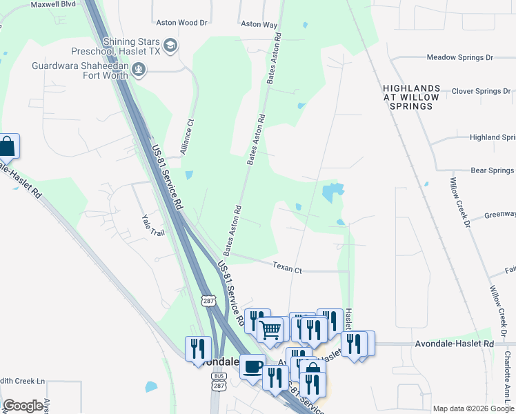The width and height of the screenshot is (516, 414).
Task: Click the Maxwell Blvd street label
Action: coord(52,3)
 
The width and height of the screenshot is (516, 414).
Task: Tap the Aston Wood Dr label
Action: coord(182,23)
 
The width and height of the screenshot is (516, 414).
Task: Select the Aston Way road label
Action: coord(259,24)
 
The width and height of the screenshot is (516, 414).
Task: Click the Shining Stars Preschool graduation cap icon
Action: coord(171,46)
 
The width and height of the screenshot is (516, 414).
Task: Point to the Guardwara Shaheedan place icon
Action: coord(139,68)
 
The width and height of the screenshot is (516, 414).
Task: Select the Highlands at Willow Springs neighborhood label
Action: coord(411,97)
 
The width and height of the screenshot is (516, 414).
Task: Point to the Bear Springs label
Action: coord(492,170)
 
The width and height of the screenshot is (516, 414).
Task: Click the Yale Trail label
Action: coord(153,225)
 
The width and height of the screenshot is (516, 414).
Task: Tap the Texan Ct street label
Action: coord(288,266)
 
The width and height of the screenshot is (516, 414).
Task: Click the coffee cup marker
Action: coord(252,365)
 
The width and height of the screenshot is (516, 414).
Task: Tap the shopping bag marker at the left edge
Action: coord(7,146)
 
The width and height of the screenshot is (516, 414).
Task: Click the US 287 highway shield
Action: coord(209,300)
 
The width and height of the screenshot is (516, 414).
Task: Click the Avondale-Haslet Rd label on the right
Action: coord(455,343)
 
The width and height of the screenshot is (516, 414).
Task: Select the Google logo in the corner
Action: coord(23,406)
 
